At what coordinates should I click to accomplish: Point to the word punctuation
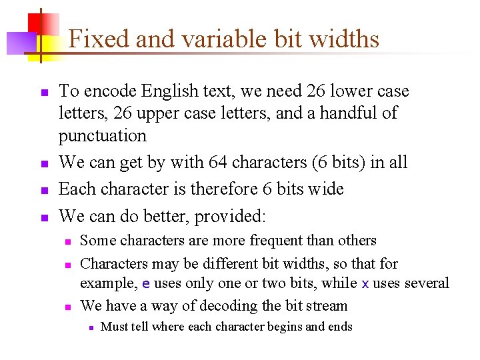point(102,136)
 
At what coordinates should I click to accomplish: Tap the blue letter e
point(146,283)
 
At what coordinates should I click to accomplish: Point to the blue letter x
point(365,283)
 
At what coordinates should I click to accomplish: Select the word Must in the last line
point(114,326)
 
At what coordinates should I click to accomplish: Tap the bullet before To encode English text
point(44,92)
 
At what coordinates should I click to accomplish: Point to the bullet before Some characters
point(67,241)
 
